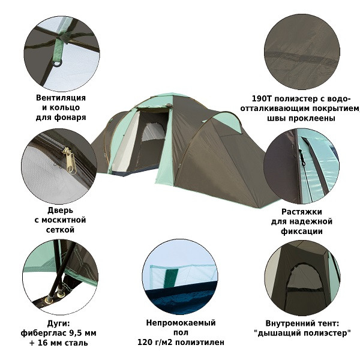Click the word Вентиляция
(61, 98)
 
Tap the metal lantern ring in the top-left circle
(58, 63)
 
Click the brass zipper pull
(70, 160)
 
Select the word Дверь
(60, 210)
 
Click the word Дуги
(58, 323)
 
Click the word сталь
(76, 343)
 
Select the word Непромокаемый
(181, 323)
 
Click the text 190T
(262, 99)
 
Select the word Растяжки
(302, 212)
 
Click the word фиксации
(302, 231)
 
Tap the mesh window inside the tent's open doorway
(154, 133)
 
